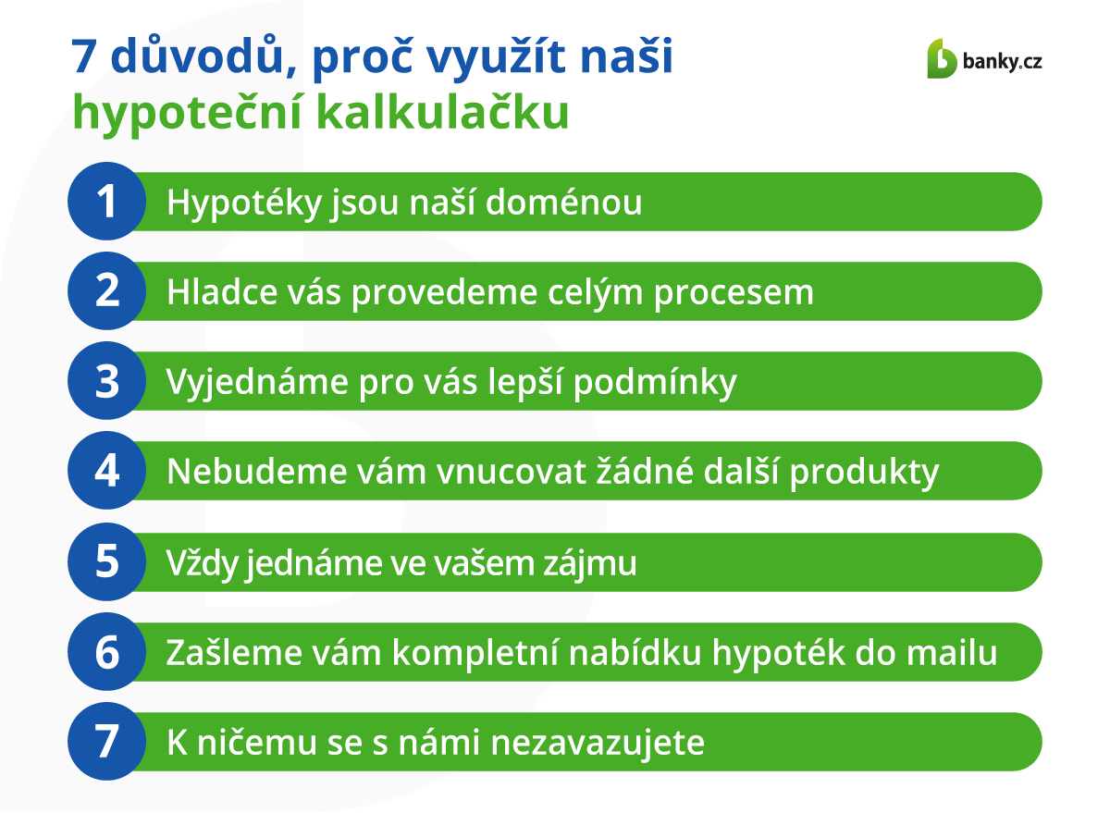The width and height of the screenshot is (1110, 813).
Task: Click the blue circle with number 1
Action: click(x=107, y=202)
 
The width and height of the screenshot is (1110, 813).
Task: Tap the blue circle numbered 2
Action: click(x=107, y=291)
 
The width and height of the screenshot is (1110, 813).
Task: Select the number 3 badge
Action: click(x=107, y=381)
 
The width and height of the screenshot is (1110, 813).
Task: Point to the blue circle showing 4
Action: click(x=107, y=471)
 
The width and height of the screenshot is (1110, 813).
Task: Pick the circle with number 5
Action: click(x=107, y=562)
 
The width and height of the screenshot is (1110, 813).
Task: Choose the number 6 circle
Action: click(x=107, y=652)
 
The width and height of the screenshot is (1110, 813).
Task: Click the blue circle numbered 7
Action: click(x=107, y=742)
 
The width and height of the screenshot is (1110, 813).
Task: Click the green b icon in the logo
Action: click(x=942, y=58)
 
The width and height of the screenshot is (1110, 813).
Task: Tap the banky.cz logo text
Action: click(x=1002, y=62)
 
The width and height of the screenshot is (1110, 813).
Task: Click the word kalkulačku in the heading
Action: click(x=442, y=112)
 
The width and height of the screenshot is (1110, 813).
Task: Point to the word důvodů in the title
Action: click(x=197, y=55)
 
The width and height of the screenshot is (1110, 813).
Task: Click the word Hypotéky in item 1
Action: click(x=244, y=203)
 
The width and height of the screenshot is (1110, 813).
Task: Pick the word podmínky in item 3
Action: click(x=655, y=383)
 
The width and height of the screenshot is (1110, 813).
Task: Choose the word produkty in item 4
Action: click(x=864, y=473)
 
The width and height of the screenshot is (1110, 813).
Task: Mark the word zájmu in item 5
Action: click(x=590, y=564)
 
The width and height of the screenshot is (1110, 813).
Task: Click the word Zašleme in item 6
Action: click(x=234, y=652)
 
